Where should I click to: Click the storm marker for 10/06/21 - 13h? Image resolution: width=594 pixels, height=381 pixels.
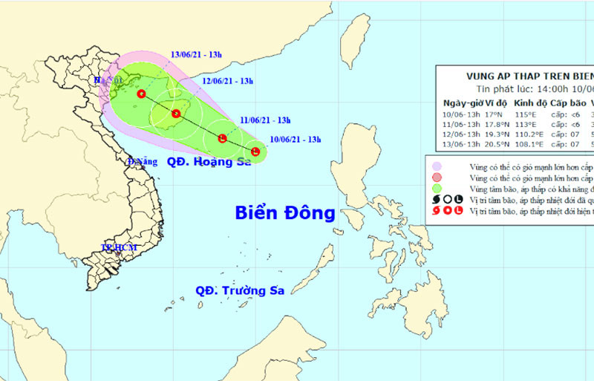pyautogui.click(x=255, y=152)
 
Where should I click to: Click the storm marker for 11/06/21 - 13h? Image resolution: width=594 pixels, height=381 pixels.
pyautogui.click(x=222, y=138)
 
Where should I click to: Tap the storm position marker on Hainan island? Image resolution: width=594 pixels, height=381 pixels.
pyautogui.click(x=176, y=114)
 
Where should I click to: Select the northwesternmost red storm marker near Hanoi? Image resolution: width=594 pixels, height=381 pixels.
pyautogui.click(x=141, y=94)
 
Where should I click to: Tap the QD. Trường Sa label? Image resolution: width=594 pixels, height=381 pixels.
pyautogui.click(x=241, y=291)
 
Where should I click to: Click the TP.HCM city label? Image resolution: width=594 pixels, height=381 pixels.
pyautogui.click(x=116, y=247)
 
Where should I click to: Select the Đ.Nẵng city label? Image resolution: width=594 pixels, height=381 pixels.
pyautogui.click(x=143, y=161)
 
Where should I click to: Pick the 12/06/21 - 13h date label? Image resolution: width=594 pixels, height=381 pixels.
pyautogui.click(x=228, y=81)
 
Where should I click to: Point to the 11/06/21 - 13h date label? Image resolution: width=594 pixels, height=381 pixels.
pyautogui.click(x=264, y=120)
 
